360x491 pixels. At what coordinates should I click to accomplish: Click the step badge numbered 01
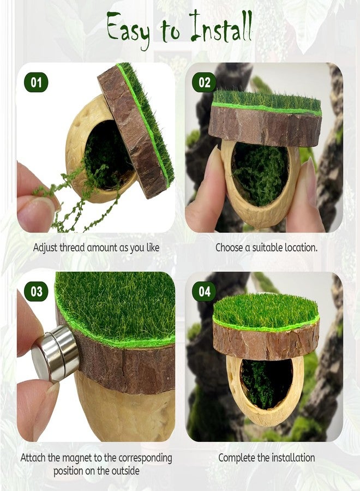pos(36,82)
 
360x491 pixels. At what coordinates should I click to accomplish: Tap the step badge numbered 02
pos(204,82)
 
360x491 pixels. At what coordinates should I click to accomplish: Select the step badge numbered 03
pos(36,291)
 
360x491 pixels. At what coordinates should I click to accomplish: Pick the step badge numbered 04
pos(204,291)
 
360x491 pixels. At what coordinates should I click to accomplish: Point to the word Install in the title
pos(221,26)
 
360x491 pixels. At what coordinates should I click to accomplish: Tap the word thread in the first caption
pos(72,248)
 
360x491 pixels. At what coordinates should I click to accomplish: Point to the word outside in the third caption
pos(124,471)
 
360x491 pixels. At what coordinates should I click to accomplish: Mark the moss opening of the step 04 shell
pos(266,383)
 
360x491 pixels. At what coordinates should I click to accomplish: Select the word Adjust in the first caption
pos(45,248)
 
